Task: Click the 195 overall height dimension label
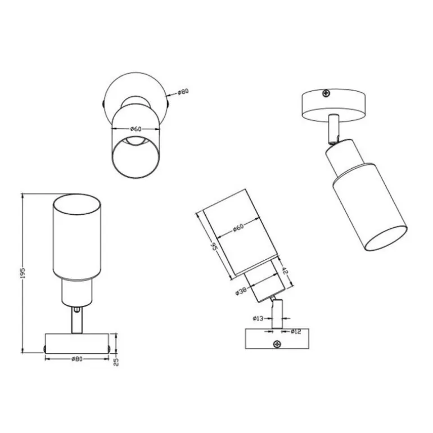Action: point(23,273)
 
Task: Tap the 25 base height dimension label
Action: point(116,362)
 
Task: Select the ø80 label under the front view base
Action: point(77,359)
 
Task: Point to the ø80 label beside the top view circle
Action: point(183,92)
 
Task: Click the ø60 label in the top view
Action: point(136,129)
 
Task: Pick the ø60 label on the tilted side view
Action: point(238,228)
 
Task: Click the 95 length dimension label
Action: point(214,246)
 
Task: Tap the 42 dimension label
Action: point(285,270)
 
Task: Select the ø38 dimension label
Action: point(241,291)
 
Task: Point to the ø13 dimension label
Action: point(258,318)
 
